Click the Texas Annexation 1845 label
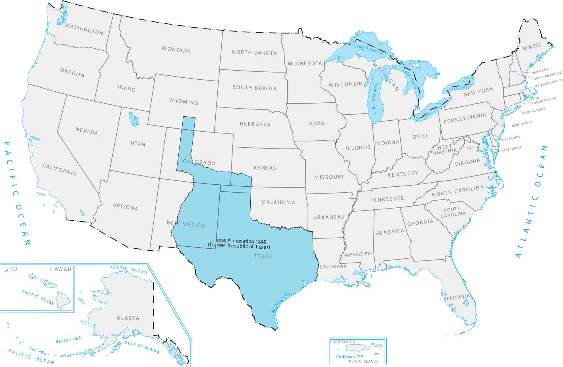[239, 241]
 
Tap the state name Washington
[84, 29]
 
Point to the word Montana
[176, 50]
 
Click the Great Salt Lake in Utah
[133, 119]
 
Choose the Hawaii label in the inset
[60, 269]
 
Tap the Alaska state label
[128, 318]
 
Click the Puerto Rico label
[343, 342]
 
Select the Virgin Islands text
[364, 361]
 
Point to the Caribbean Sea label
[349, 356]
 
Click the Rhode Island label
[544, 101]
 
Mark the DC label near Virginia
[469, 148]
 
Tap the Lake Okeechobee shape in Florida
[465, 303]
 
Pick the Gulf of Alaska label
[142, 347]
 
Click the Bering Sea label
[69, 340]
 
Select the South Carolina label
[453, 212]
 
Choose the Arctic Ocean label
[129, 269]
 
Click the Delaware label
[511, 138]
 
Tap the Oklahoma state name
[279, 202]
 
